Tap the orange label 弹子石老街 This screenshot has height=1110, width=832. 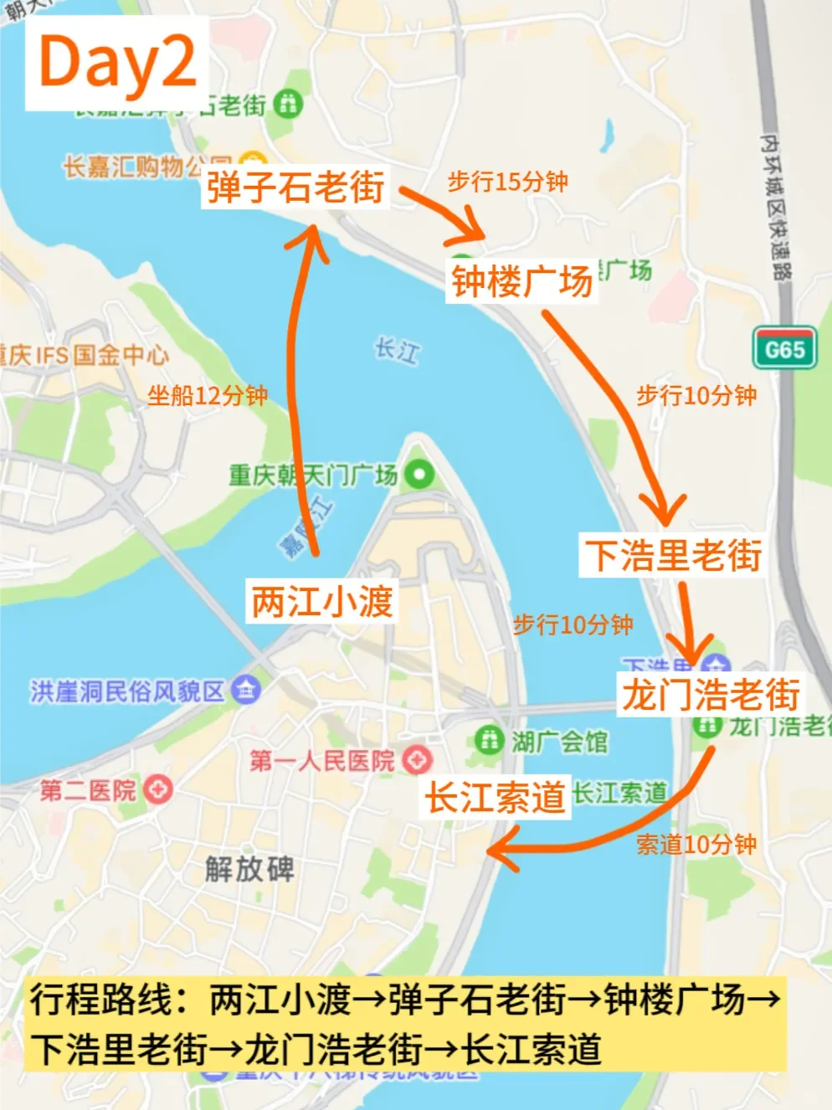point(295,186)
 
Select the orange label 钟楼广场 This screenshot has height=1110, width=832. point(522,281)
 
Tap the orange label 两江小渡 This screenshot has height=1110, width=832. point(322,601)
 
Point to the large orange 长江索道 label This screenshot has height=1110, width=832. point(496,797)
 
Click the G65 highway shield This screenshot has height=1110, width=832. point(784,348)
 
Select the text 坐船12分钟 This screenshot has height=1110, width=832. point(208,395)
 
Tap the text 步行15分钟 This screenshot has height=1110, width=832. point(507,182)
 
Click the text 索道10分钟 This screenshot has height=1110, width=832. point(696,845)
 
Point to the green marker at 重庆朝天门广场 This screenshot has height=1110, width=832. point(419,475)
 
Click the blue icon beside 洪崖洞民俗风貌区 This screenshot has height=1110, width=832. point(247,691)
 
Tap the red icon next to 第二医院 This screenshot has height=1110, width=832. point(157,789)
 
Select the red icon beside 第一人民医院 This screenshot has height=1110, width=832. point(417,760)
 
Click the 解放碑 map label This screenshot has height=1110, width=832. point(249,869)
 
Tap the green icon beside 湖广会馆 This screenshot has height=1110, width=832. point(487,740)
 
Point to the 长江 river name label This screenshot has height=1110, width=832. point(396,350)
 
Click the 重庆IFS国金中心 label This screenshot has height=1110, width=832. point(84,355)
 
